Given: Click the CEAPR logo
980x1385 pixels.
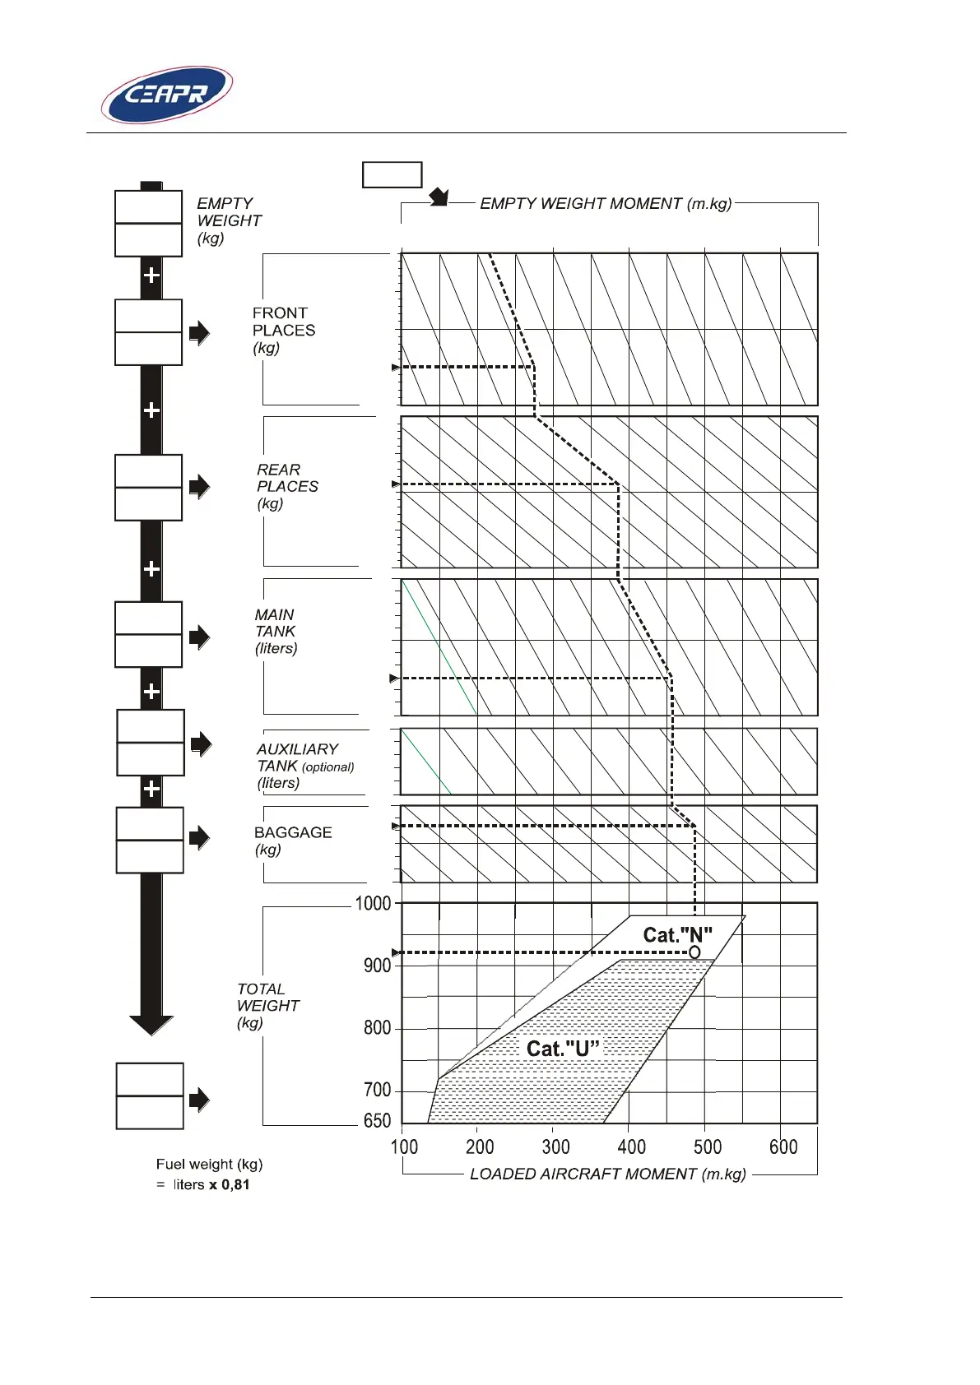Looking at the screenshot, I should (x=167, y=95).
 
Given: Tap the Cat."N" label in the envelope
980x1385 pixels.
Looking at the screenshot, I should (x=677, y=935).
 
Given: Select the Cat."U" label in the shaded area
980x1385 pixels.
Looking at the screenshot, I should (x=563, y=1049).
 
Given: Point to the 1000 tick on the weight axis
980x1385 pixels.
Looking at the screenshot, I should (x=373, y=903).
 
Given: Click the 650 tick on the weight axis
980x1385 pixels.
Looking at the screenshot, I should (x=377, y=1120).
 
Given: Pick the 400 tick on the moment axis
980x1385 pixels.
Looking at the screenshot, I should (x=631, y=1146).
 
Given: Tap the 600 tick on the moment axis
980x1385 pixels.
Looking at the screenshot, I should (x=783, y=1146).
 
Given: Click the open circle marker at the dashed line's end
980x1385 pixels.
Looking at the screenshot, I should (x=694, y=952).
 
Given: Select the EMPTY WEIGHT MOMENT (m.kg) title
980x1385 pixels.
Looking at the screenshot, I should (x=606, y=203).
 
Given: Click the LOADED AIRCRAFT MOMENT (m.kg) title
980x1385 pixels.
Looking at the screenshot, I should (x=607, y=1174).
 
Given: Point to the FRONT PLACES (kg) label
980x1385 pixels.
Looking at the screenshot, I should (x=283, y=330).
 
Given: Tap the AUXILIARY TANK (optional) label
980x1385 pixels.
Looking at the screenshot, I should (x=304, y=766).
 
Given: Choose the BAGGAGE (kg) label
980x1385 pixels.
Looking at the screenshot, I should (x=292, y=840).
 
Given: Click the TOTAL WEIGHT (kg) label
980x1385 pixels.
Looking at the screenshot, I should (x=267, y=1005).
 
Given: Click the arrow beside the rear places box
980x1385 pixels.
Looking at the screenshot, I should (x=199, y=486).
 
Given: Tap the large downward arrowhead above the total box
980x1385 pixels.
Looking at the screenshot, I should (x=151, y=1025).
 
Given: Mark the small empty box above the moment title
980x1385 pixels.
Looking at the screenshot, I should (x=392, y=174).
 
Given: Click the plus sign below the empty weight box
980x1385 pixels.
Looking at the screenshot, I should (x=151, y=275).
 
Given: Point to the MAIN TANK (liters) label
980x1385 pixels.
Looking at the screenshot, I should (x=275, y=631).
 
